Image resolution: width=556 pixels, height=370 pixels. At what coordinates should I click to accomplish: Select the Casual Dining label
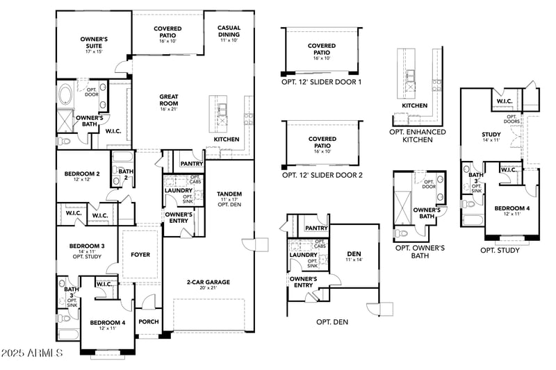click(x=229, y=32)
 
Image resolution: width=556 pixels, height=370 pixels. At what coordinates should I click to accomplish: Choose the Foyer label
click(x=140, y=255)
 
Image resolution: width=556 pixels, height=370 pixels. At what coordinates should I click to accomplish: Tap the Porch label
click(x=149, y=321)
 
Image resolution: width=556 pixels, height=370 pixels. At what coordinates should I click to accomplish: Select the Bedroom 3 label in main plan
click(x=86, y=246)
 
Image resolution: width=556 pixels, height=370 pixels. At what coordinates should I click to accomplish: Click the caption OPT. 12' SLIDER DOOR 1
click(x=322, y=82)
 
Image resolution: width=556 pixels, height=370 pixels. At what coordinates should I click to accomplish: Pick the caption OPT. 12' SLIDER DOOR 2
click(x=322, y=175)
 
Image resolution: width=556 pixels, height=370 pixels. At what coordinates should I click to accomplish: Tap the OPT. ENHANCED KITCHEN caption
click(x=418, y=135)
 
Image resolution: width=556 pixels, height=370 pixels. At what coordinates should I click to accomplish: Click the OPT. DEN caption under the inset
click(x=332, y=322)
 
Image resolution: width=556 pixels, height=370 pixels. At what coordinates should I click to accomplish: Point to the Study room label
click(x=491, y=135)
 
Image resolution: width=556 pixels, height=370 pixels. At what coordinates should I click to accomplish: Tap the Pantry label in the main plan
click(x=190, y=164)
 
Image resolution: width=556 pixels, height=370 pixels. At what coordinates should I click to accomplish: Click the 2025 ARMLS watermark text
click(x=33, y=354)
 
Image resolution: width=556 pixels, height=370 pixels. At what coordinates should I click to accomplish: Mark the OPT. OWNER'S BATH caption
click(x=420, y=251)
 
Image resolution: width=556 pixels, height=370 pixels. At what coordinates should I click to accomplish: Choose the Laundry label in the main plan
click(x=178, y=190)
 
